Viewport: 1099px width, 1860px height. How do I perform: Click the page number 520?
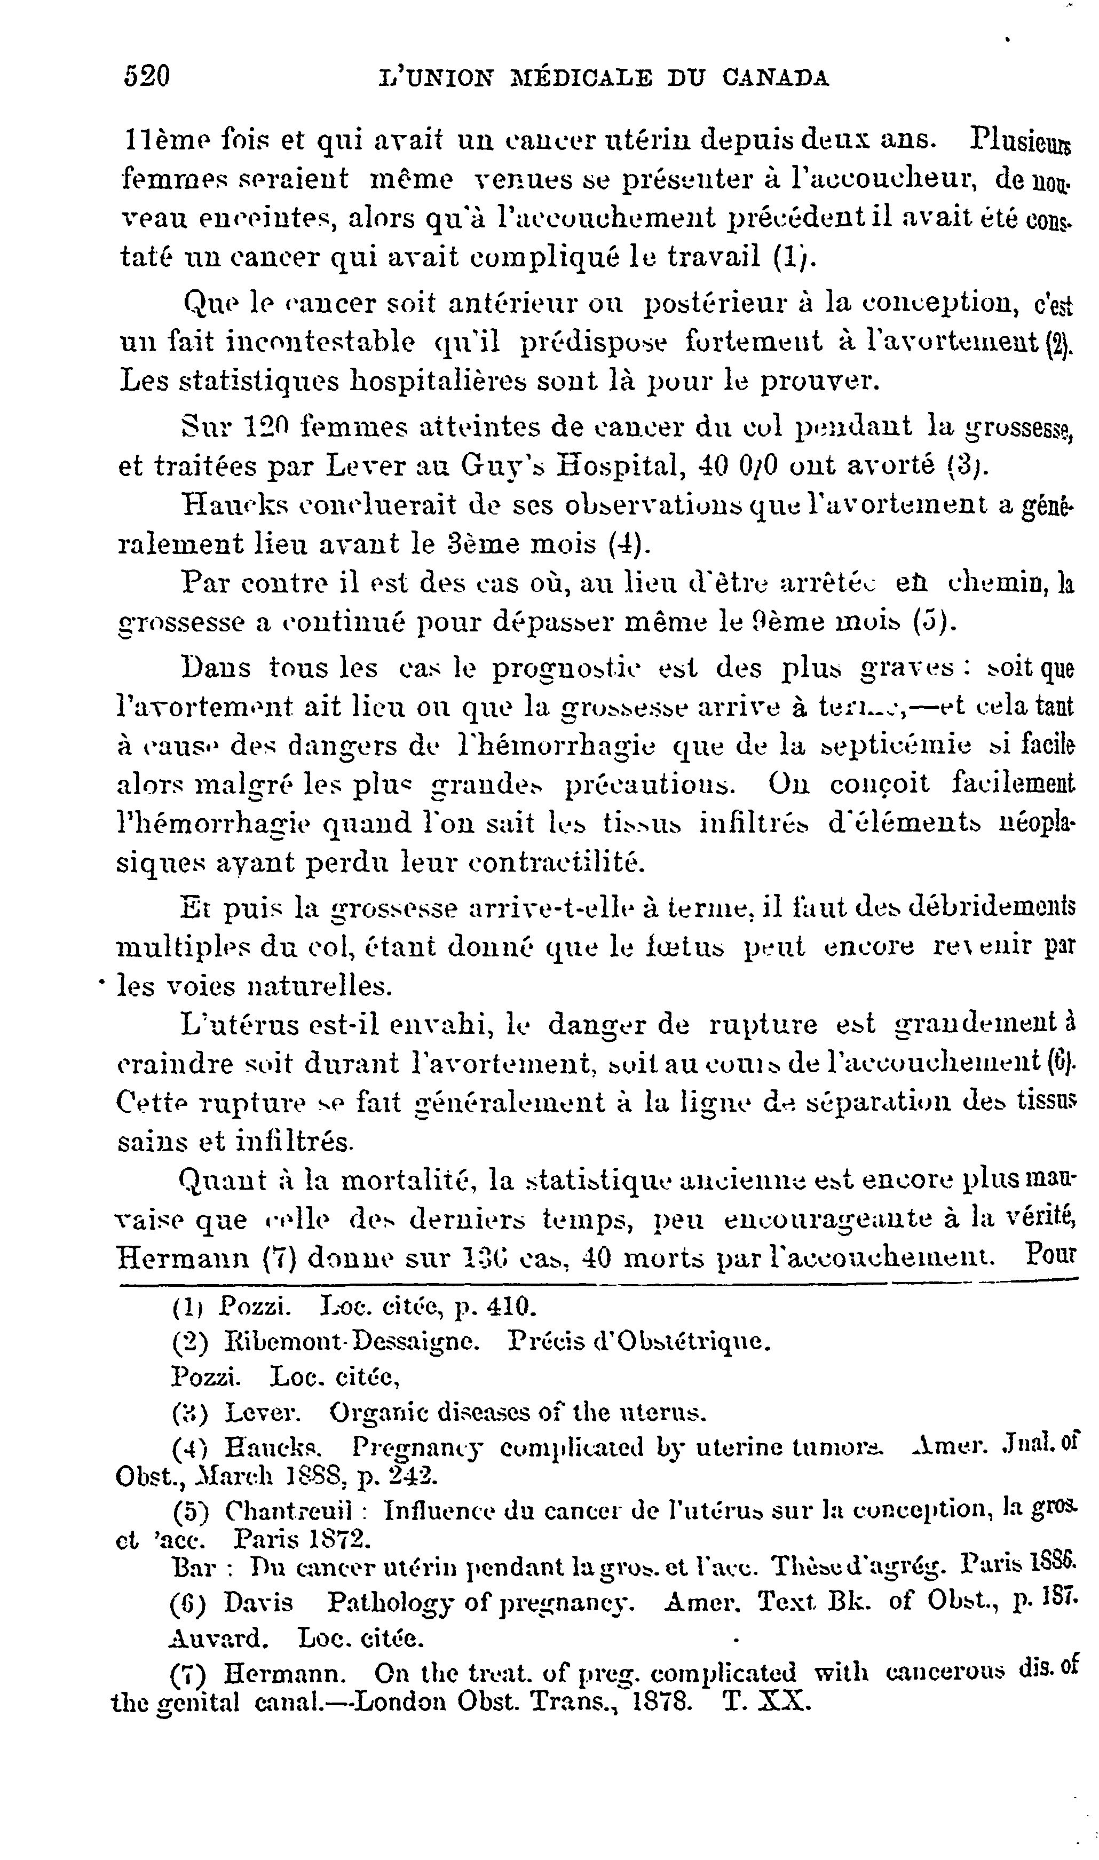coord(147,76)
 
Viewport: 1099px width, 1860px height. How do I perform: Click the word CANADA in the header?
coord(776,78)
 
